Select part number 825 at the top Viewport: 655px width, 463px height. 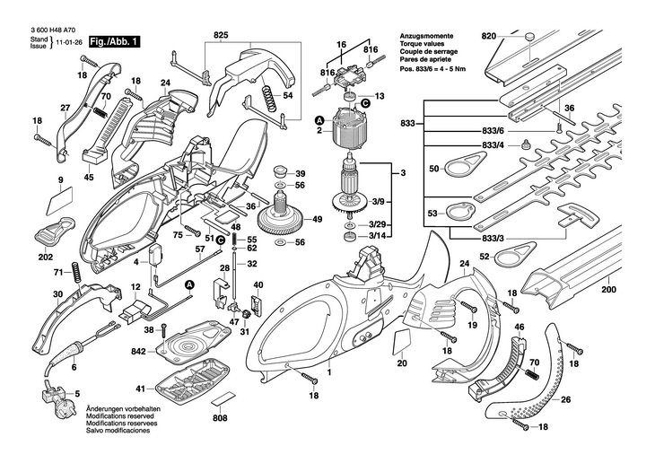[x=221, y=36]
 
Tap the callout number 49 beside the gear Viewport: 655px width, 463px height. [x=317, y=220]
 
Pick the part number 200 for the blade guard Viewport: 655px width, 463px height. [x=609, y=290]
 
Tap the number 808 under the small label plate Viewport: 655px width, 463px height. [x=220, y=417]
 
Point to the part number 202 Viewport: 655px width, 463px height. [x=46, y=257]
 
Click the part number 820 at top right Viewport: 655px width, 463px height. [x=488, y=36]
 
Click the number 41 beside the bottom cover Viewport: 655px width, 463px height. [x=141, y=389]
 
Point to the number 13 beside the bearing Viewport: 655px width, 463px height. [x=379, y=96]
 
